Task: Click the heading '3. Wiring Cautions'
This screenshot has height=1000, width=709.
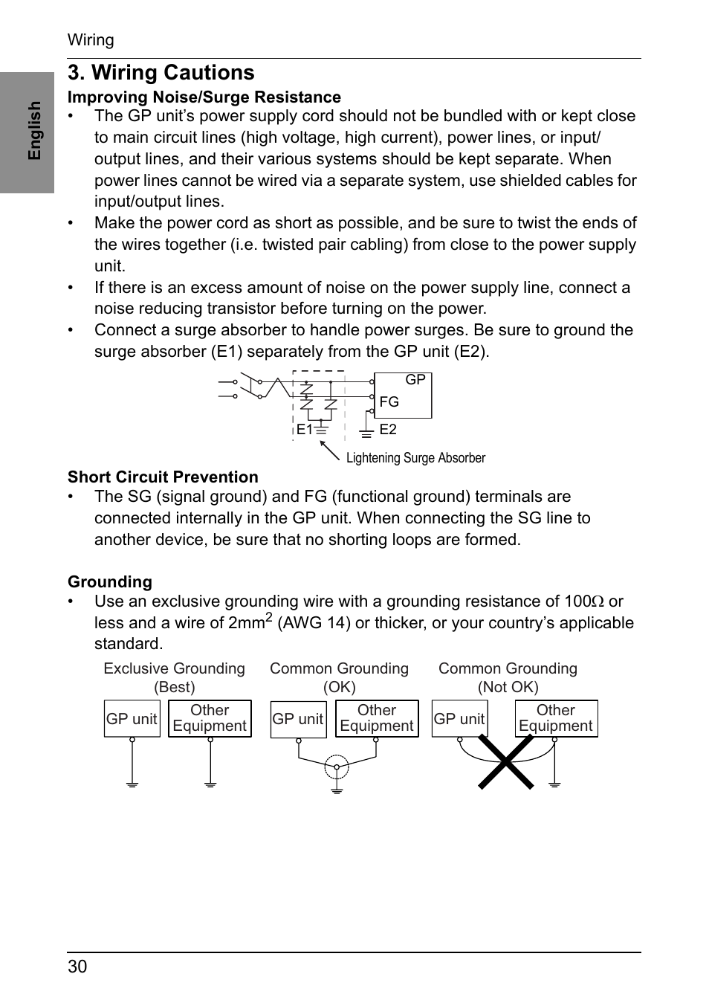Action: click(161, 73)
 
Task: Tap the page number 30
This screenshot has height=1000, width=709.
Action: click(77, 967)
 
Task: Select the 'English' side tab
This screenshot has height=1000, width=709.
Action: click(34, 131)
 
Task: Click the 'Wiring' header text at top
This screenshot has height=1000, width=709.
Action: click(91, 40)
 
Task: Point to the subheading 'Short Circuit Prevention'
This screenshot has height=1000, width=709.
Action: click(163, 477)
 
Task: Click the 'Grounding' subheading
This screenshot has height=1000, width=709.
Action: click(110, 582)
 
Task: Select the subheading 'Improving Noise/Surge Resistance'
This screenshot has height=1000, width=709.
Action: click(204, 97)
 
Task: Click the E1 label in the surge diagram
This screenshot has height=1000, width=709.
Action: click(304, 430)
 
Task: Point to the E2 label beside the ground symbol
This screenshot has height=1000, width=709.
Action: click(388, 430)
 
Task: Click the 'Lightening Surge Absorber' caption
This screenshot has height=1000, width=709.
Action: click(415, 458)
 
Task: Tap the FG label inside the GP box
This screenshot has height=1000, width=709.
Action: click(389, 402)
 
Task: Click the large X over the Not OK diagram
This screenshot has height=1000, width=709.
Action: click(506, 761)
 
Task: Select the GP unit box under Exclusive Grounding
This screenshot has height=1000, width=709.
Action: click(132, 719)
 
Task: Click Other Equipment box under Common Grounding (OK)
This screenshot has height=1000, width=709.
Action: click(377, 719)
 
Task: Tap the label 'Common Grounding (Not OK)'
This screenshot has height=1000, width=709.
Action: click(508, 677)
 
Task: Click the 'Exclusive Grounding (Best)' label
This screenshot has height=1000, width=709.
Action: click(175, 677)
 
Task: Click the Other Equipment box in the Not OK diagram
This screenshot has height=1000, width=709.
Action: click(556, 719)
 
